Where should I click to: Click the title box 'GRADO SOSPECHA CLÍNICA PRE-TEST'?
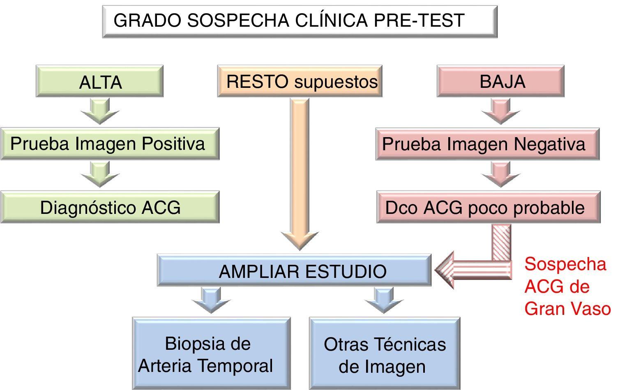[300, 21]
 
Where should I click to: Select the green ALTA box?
[99, 81]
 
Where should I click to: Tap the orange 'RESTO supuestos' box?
[300, 81]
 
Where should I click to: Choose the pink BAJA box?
[500, 81]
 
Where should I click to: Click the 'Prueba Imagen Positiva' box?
[110, 144]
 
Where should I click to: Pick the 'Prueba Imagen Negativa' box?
[487, 144]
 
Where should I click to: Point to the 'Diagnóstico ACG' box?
[110, 207]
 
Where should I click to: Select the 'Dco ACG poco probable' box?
[488, 207]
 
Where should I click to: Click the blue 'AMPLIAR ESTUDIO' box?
[294, 271]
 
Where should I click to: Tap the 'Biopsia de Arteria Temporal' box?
[211, 354]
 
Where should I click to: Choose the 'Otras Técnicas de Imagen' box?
[385, 354]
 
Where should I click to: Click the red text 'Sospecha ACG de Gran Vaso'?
[567, 286]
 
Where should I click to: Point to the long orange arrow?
[300, 172]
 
